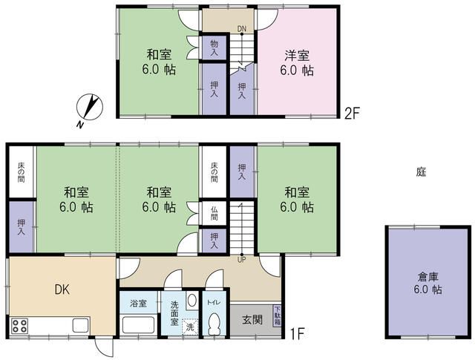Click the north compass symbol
[x=90, y=108]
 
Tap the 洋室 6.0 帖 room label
[x=297, y=63]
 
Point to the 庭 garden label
[x=421, y=172]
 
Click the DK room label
[x=62, y=289]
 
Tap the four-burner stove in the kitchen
[x=20, y=326]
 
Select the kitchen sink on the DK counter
[x=81, y=326]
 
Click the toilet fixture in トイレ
[x=214, y=324]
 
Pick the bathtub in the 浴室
[x=139, y=325]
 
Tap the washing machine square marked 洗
[x=190, y=327]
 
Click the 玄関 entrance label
[x=252, y=320]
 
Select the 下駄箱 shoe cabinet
[x=278, y=315]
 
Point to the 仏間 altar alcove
[x=214, y=213]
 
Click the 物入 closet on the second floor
[x=214, y=48]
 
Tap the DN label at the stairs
[x=242, y=29]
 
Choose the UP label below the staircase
[x=241, y=260]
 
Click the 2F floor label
[x=351, y=114]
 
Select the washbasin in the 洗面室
[x=191, y=301]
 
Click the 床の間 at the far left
[x=21, y=172]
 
